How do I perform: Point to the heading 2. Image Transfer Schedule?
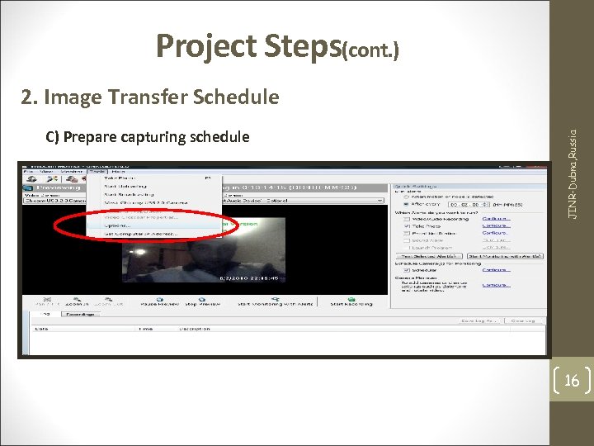coord(150,97)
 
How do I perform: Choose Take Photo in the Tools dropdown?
coord(120,178)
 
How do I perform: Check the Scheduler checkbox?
coord(405,269)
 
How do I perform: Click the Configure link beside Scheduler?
coord(496,269)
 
